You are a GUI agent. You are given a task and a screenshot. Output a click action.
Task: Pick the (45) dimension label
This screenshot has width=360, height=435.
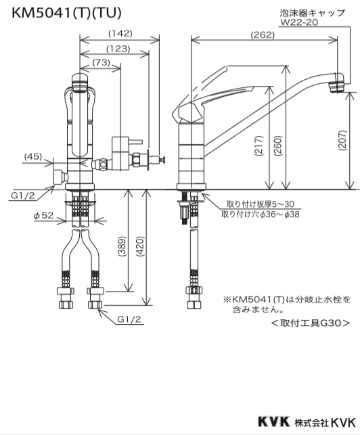tap(33, 156)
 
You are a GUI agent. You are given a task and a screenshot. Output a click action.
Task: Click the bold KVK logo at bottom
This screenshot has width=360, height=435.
tap(271, 421)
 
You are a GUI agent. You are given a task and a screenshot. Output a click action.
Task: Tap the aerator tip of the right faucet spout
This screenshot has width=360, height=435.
tap(334, 85)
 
